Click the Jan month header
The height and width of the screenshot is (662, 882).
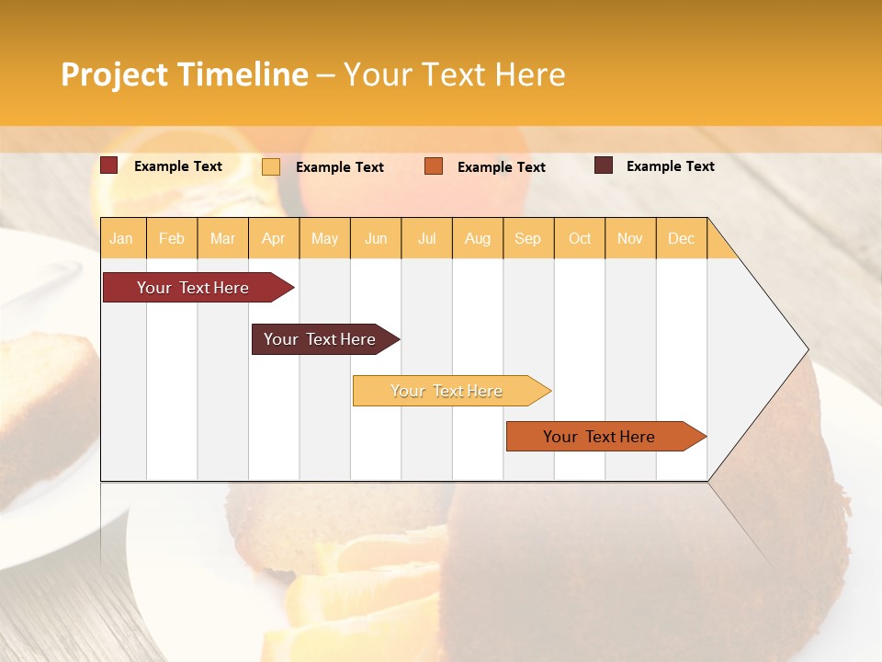[x=121, y=238]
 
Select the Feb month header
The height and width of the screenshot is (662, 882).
[x=172, y=238]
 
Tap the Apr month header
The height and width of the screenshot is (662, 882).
[x=273, y=238]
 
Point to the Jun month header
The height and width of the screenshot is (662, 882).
[x=376, y=238]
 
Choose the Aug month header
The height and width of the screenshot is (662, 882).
[x=477, y=238]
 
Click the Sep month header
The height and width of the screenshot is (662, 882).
[x=527, y=238]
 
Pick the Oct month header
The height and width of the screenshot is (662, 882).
[x=580, y=238]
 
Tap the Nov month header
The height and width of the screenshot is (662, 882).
[x=630, y=238]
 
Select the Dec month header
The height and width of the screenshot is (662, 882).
[x=681, y=238]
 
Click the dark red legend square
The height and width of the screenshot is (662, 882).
[x=109, y=165]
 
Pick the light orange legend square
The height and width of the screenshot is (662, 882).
[x=271, y=166]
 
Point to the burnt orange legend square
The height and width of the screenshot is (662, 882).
[x=434, y=166]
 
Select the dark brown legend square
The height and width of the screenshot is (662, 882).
[x=604, y=165]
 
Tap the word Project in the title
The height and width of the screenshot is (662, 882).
[x=113, y=74]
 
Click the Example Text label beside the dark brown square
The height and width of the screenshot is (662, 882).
[x=670, y=166]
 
